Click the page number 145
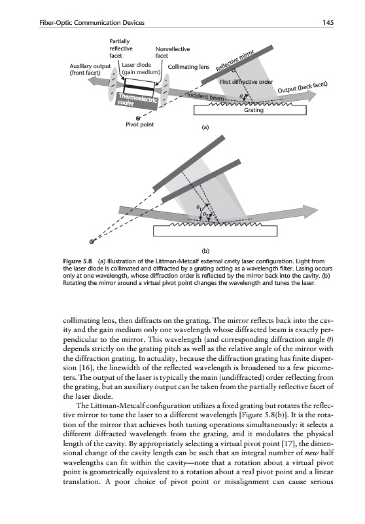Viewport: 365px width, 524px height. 328,23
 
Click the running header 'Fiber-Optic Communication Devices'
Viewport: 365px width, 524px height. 92,23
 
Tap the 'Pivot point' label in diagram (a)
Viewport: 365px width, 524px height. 139,124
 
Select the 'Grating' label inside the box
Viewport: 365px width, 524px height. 254,110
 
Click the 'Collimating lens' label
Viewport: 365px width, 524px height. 188,67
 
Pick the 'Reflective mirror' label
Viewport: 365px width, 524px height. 235,60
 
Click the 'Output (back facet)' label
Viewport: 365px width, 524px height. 303,87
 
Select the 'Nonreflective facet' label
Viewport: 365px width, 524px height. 173,52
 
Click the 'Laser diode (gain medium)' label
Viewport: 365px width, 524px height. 141,68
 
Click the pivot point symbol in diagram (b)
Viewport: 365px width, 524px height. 92,242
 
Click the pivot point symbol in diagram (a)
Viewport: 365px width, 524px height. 137,118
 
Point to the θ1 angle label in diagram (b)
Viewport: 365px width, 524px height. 199,208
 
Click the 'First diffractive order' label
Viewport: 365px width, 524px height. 246,82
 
